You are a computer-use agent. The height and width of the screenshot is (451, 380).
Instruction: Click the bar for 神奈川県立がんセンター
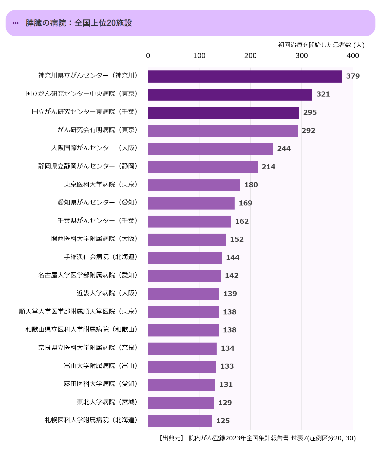pos(245,77)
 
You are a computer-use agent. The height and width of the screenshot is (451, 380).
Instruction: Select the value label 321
pos(323,94)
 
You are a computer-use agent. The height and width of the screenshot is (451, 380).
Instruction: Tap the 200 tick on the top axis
pos(250,56)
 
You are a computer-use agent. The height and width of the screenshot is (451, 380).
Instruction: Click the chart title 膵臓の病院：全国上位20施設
pos(79,23)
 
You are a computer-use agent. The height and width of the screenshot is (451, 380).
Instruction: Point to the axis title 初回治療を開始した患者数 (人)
pos(321,45)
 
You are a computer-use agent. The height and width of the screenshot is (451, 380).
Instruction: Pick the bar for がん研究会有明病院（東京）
pos(223,131)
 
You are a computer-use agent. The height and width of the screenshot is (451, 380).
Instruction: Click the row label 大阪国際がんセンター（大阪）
pos(94,148)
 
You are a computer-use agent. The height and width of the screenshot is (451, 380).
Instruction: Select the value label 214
pos(268,167)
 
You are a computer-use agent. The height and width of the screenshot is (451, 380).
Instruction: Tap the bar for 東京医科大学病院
pos(194,185)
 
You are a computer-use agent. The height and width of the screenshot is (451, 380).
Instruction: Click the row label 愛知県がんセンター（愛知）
pos(97,202)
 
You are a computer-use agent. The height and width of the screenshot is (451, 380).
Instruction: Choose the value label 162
pos(242,221)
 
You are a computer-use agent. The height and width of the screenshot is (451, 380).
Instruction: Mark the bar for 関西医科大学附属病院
pos(187,240)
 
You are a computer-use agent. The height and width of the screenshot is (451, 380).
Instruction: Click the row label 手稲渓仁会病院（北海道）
pos(101,257)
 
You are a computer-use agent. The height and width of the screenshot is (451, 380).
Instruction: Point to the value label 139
pos(230,294)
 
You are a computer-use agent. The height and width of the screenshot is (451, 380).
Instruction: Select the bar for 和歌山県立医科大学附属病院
pos(183,330)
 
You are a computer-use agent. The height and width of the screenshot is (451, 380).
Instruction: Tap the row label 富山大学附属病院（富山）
pos(101,366)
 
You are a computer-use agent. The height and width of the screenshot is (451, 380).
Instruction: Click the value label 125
pos(223,421)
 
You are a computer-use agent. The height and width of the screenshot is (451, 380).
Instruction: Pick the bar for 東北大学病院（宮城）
pos(181,403)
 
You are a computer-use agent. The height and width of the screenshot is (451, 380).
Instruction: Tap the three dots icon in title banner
pos(15,23)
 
